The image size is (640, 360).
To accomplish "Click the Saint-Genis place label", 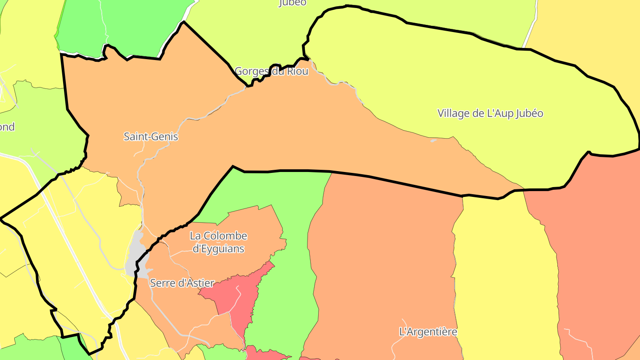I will pos(151,137).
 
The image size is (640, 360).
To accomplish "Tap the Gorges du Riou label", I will pos(271,71).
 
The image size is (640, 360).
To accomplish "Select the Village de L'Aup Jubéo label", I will pos(490,113).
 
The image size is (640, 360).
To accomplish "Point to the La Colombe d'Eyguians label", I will pos(218,242).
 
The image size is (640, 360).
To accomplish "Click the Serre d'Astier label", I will pos(182,283).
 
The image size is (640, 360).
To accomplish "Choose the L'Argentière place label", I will pos(428,332).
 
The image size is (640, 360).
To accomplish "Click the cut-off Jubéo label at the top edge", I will pos(292,3).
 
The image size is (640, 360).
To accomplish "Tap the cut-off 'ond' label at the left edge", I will pos(7,127).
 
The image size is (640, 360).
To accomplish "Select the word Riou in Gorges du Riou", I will pos(298,71).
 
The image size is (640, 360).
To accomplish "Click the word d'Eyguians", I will pos(218,248).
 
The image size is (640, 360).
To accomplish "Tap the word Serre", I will pos(162,283).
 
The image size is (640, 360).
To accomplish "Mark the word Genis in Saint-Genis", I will pos(165,137).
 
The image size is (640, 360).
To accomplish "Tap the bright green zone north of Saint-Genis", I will pos(133,27).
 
